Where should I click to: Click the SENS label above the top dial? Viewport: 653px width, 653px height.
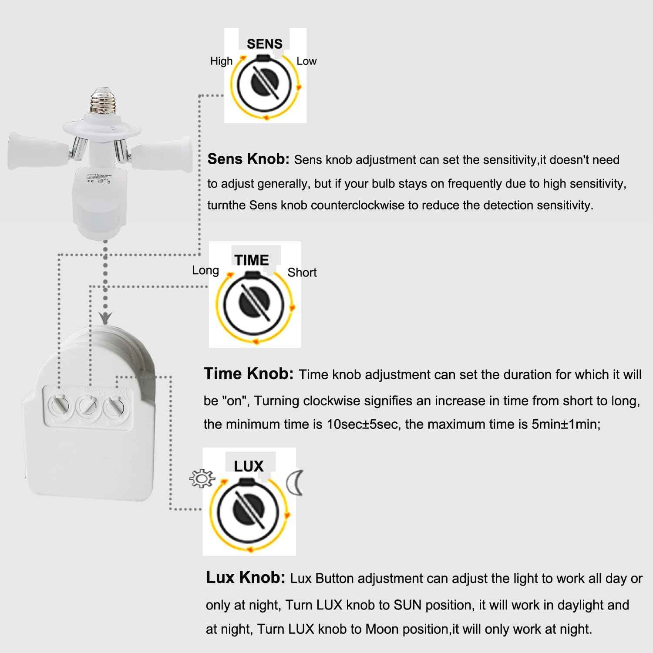264,44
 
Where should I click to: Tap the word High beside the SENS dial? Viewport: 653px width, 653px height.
221,61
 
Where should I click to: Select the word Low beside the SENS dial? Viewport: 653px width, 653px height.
306,61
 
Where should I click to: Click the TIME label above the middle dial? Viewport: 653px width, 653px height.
251,260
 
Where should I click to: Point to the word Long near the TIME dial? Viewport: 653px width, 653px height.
205,270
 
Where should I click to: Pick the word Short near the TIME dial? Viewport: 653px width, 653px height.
302,273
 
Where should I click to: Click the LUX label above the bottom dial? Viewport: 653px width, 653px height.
249,466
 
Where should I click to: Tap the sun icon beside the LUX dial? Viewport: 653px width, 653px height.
202,478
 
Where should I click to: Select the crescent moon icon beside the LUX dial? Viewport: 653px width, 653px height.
294,482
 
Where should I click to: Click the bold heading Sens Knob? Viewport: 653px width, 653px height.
248,159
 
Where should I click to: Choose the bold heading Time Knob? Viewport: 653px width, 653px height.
249,374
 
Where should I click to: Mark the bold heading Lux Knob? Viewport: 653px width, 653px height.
246,577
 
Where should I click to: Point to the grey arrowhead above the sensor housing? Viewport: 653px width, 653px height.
105,317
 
